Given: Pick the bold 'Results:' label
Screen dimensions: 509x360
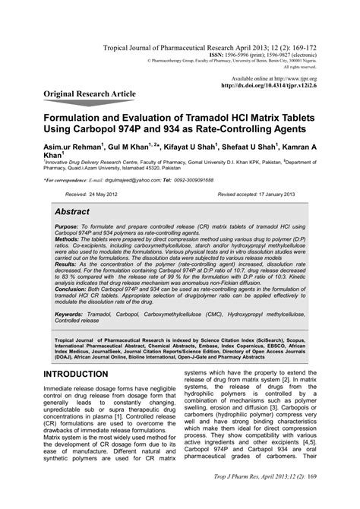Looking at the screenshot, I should point(67,285).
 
